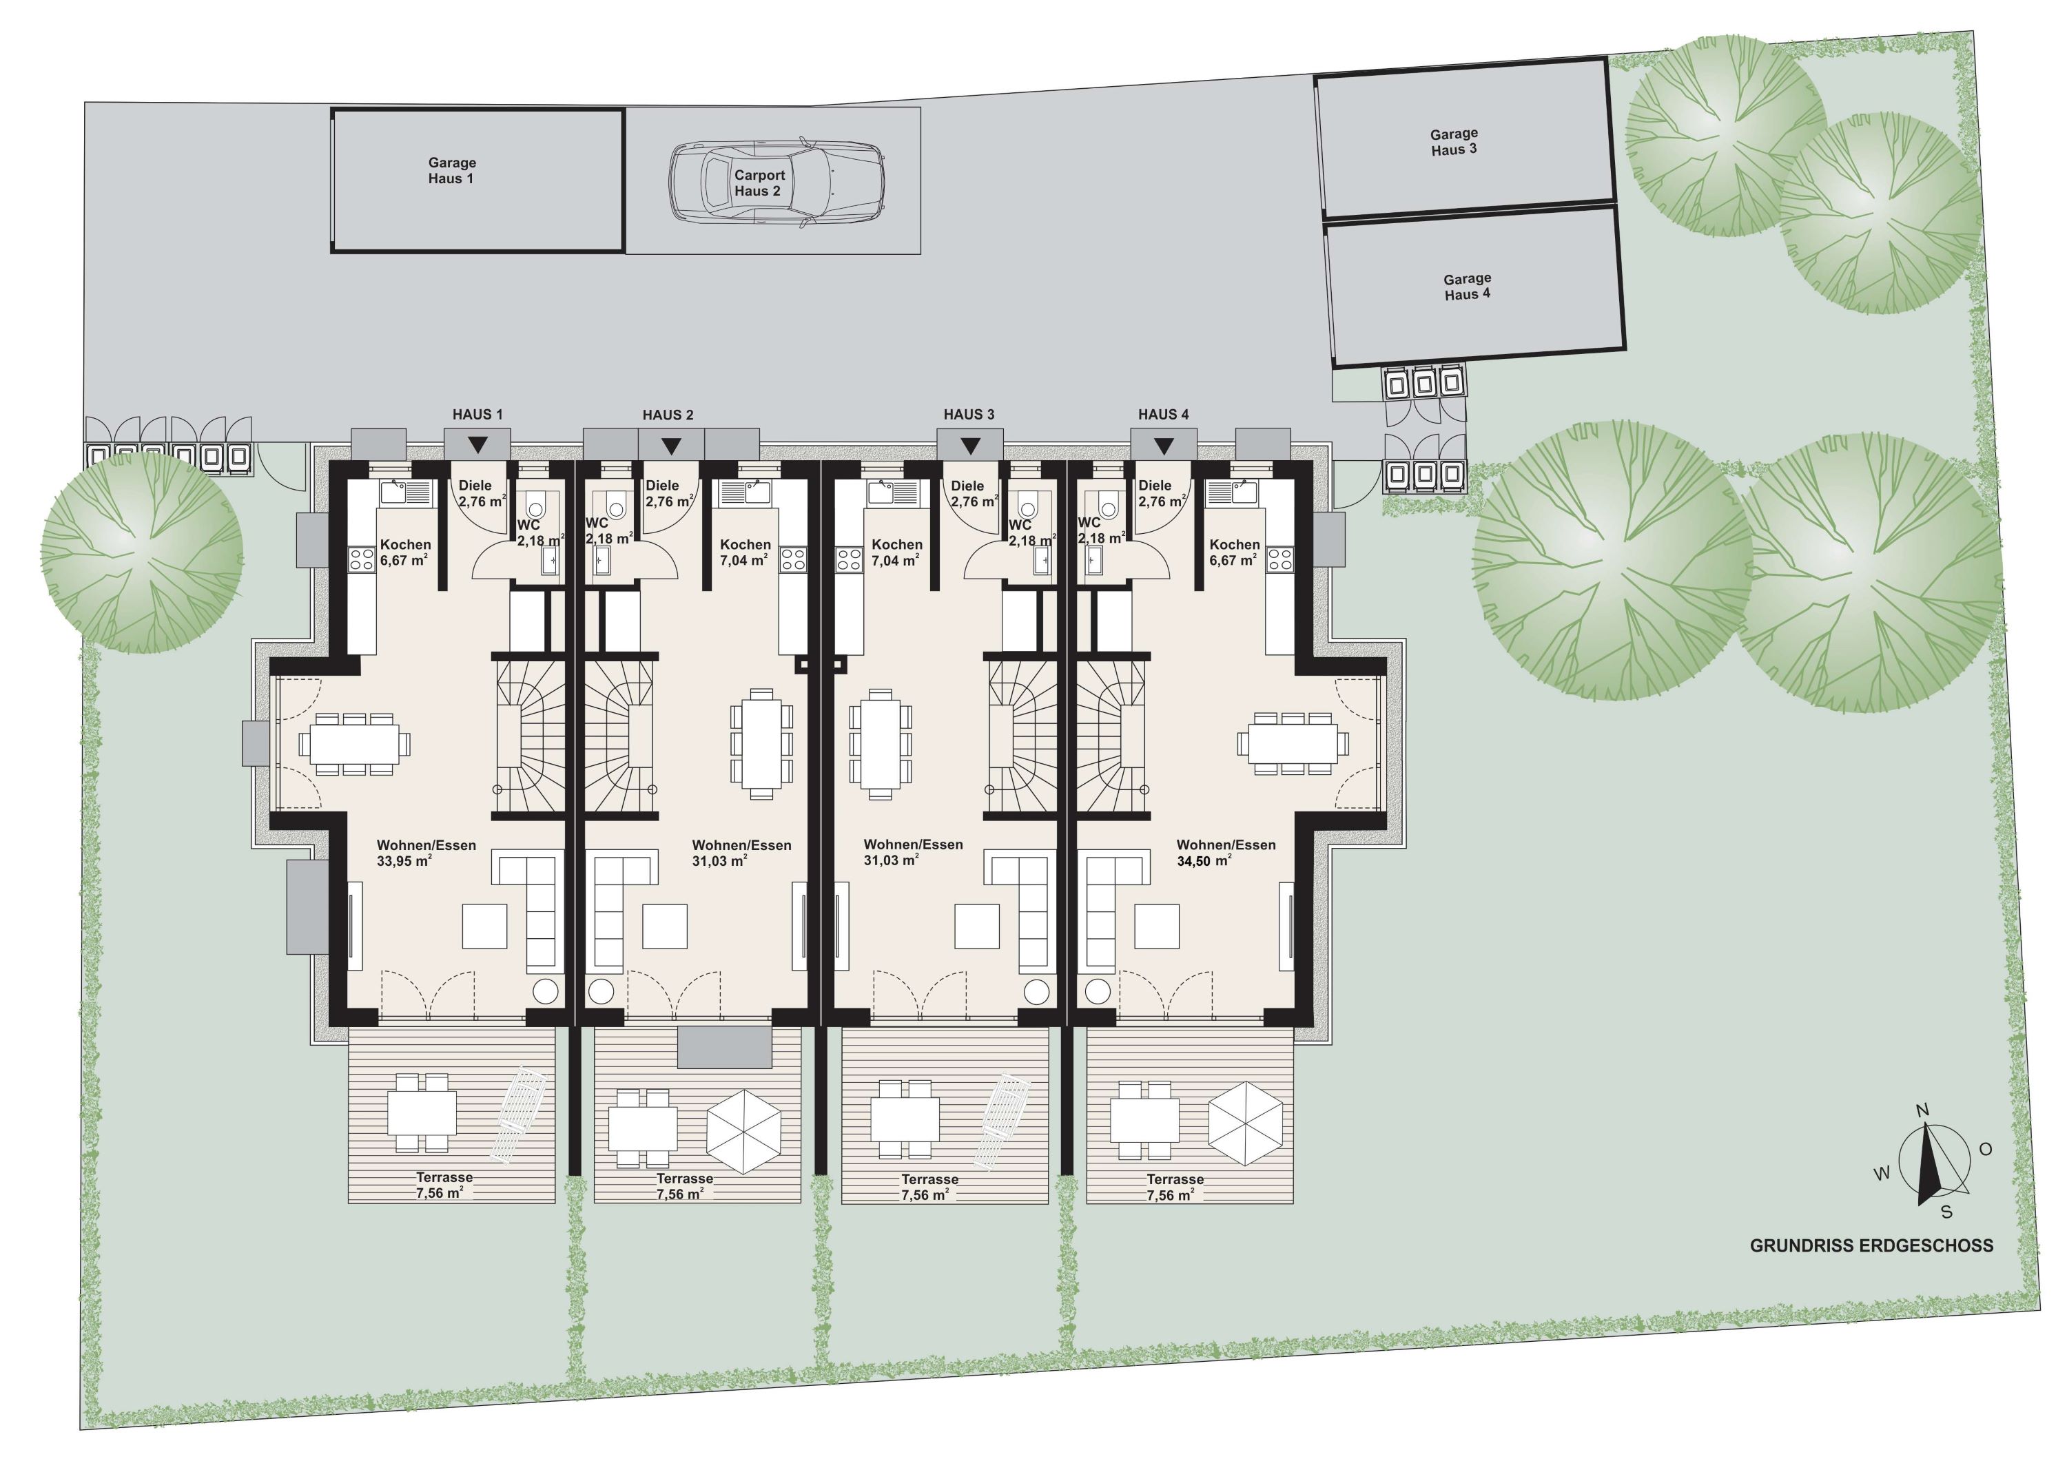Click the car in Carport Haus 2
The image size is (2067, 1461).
(776, 181)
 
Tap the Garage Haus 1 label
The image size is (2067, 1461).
(452, 170)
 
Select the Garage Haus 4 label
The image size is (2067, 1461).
(1468, 287)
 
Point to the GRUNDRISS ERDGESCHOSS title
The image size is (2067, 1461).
(1871, 1246)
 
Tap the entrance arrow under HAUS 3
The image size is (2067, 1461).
(969, 446)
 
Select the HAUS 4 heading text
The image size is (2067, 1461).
(1163, 414)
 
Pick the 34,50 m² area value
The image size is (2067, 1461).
(1204, 860)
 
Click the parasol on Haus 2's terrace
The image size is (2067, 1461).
(743, 1132)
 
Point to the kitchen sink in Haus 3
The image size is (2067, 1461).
(892, 493)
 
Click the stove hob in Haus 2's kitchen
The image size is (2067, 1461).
(792, 559)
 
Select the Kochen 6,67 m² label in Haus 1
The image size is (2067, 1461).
(404, 552)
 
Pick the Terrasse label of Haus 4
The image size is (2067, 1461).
(1175, 1179)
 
